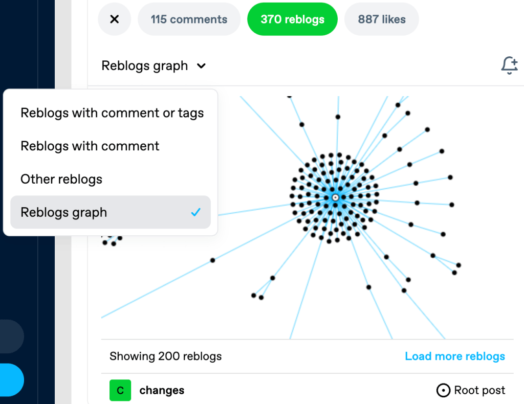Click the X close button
point(115,19)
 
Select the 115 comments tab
point(189,19)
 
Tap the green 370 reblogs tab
point(292,19)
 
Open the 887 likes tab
point(382,19)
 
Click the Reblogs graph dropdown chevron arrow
point(202,66)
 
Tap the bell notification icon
point(509,65)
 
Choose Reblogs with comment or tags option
point(112,113)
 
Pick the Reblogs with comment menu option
point(90,146)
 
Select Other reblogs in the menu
point(61,179)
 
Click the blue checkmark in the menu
point(195,212)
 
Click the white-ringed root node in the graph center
point(335,197)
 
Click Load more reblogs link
point(455,356)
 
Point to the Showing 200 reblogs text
point(165,356)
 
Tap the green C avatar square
point(120,390)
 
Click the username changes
point(162,391)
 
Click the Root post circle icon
point(443,391)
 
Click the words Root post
point(479,391)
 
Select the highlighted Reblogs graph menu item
point(64,212)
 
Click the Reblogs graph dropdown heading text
point(145,66)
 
